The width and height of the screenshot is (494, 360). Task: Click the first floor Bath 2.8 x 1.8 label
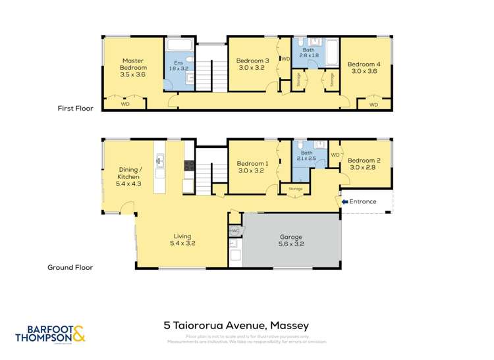308,53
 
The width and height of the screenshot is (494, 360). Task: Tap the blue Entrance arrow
344,201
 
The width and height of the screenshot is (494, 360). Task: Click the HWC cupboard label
234,231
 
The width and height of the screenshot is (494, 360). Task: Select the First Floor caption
75,109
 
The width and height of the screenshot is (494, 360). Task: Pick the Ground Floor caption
70,268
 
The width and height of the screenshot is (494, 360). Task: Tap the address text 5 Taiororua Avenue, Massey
236,325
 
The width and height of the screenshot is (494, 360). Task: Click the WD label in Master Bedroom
126,104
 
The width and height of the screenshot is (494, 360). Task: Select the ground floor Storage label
294,189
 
